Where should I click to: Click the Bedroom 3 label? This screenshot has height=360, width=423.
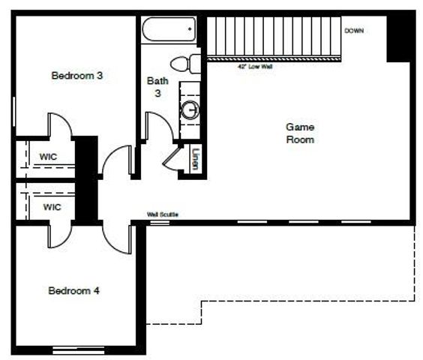click(x=77, y=75)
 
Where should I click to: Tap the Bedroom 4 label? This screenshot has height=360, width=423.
click(x=74, y=290)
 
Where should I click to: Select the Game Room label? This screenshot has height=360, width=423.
click(x=300, y=133)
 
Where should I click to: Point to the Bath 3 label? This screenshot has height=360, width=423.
click(x=157, y=86)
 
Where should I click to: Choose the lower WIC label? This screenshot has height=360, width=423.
click(x=52, y=207)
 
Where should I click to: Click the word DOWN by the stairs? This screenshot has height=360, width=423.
click(x=354, y=31)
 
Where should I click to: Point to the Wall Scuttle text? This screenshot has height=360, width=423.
click(x=163, y=215)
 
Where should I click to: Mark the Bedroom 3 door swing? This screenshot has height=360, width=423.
click(x=60, y=125)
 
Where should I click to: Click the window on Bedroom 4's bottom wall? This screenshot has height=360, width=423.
click(x=78, y=349)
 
